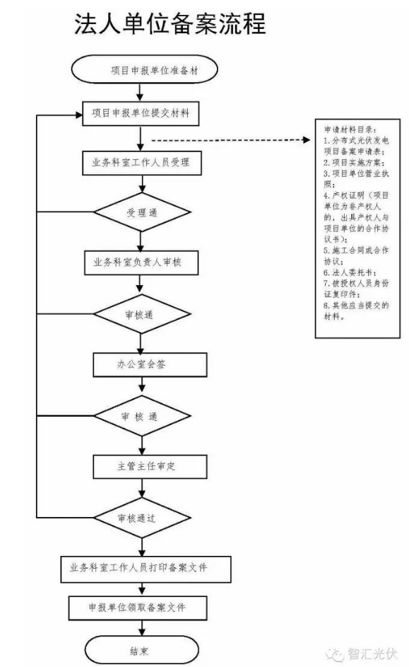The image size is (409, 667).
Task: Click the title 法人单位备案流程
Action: point(170,24)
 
